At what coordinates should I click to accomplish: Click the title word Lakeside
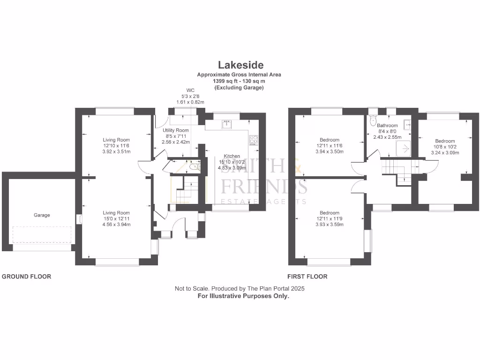coord(240,65)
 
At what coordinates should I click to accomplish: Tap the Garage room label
coord(42,215)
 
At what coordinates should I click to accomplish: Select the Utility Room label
coord(176,130)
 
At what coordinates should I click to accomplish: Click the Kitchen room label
coord(232,156)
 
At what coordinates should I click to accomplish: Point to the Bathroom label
coord(387,126)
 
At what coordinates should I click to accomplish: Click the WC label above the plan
coord(190,90)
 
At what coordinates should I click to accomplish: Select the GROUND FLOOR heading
coord(27,277)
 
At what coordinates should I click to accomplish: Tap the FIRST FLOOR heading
coord(307,277)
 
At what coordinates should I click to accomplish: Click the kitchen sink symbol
coord(227,124)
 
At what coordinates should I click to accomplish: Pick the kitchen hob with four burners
coord(254,139)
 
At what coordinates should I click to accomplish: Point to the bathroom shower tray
coord(404,149)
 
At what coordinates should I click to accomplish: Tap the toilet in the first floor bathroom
coord(373,118)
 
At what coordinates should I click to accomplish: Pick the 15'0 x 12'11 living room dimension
coord(116,218)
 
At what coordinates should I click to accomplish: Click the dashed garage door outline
coord(42,234)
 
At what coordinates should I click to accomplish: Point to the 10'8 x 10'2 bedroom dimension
coord(445,147)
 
